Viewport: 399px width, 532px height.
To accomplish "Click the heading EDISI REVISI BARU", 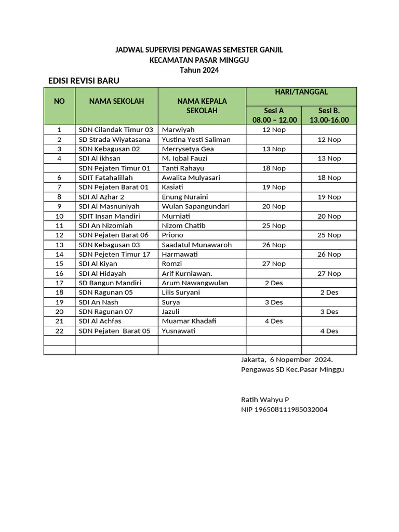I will point(84,81).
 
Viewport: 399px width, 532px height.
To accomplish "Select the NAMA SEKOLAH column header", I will point(116,101).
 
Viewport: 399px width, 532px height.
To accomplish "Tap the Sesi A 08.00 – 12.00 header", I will point(274,115).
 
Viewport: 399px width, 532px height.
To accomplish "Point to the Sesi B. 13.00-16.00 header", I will point(329,115).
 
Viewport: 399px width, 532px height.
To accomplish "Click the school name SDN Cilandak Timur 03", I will point(116,129).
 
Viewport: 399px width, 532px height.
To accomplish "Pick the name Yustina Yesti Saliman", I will point(196,139).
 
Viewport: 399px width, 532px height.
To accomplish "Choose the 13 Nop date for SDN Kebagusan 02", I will point(274,149).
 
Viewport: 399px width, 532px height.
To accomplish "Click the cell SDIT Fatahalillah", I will point(105,177).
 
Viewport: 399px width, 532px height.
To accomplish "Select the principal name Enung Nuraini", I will point(184,197).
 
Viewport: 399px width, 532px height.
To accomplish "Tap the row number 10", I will point(59,216).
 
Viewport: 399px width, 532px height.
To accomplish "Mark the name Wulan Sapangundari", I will point(195,206).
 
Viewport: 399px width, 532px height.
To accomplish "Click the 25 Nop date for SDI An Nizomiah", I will point(274,225).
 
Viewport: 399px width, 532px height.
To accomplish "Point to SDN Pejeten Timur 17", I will point(114,254).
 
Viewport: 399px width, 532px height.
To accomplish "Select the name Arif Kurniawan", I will point(187,273).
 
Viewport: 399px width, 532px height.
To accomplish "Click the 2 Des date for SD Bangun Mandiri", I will point(274,283).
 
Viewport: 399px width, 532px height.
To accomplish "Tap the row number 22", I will point(59,331).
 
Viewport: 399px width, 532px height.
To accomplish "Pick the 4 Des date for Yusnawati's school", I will point(329,331).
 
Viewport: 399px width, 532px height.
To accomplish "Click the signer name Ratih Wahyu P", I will point(265,400).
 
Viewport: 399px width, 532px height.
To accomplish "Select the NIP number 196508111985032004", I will point(284,409).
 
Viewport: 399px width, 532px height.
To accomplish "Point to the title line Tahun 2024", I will point(199,70).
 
